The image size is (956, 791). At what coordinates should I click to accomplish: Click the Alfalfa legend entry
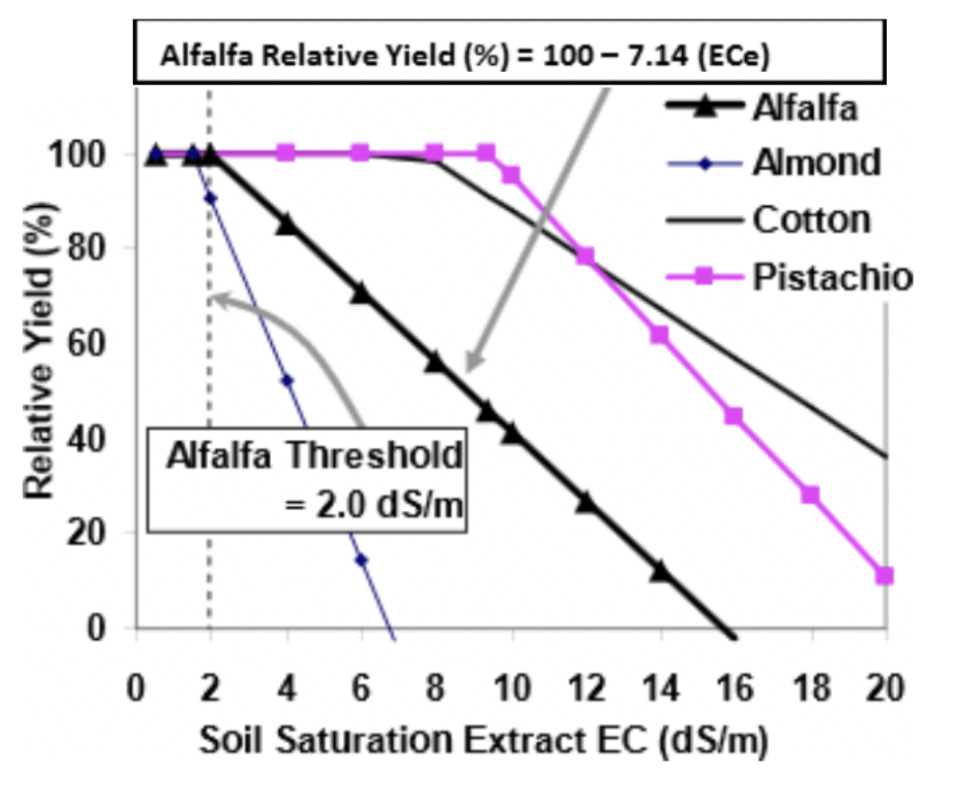(762, 108)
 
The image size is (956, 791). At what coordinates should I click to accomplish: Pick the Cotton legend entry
(768, 220)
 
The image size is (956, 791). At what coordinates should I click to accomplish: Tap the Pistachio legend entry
(789, 277)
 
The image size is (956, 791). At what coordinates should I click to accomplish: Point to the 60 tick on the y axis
(86, 342)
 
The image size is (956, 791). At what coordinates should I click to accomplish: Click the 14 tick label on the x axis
(661, 687)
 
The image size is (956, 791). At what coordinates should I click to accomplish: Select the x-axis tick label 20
(885, 687)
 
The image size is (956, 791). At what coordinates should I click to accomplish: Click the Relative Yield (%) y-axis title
(39, 351)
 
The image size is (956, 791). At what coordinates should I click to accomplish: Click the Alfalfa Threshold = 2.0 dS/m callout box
(307, 480)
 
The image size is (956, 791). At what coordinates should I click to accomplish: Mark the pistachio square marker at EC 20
(885, 576)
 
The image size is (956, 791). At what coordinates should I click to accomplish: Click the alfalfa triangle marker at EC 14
(661, 571)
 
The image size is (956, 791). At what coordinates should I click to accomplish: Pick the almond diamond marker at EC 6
(362, 559)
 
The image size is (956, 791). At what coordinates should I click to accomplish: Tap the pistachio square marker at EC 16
(733, 415)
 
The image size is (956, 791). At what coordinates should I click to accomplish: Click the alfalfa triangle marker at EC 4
(287, 225)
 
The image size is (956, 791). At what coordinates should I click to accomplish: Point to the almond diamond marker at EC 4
(287, 381)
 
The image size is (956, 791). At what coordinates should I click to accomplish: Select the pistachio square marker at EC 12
(584, 256)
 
